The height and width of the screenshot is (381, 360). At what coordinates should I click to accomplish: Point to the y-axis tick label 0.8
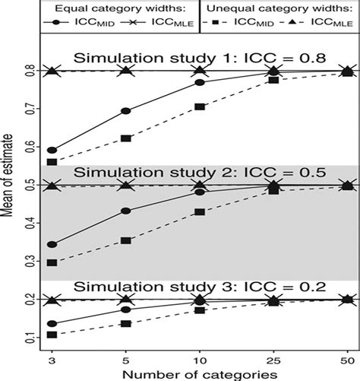(28, 71)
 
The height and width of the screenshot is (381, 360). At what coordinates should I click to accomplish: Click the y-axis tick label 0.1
(28, 337)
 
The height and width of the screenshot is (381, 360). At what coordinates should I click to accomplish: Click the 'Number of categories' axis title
(199, 373)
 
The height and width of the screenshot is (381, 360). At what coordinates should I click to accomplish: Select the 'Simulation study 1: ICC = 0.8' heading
(200, 59)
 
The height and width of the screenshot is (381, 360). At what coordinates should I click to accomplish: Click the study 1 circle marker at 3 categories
(52, 151)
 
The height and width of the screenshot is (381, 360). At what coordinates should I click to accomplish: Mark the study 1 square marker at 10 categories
(200, 107)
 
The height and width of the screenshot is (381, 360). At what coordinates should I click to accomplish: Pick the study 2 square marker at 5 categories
(126, 240)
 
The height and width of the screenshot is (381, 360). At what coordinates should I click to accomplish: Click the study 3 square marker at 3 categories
(52, 335)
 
